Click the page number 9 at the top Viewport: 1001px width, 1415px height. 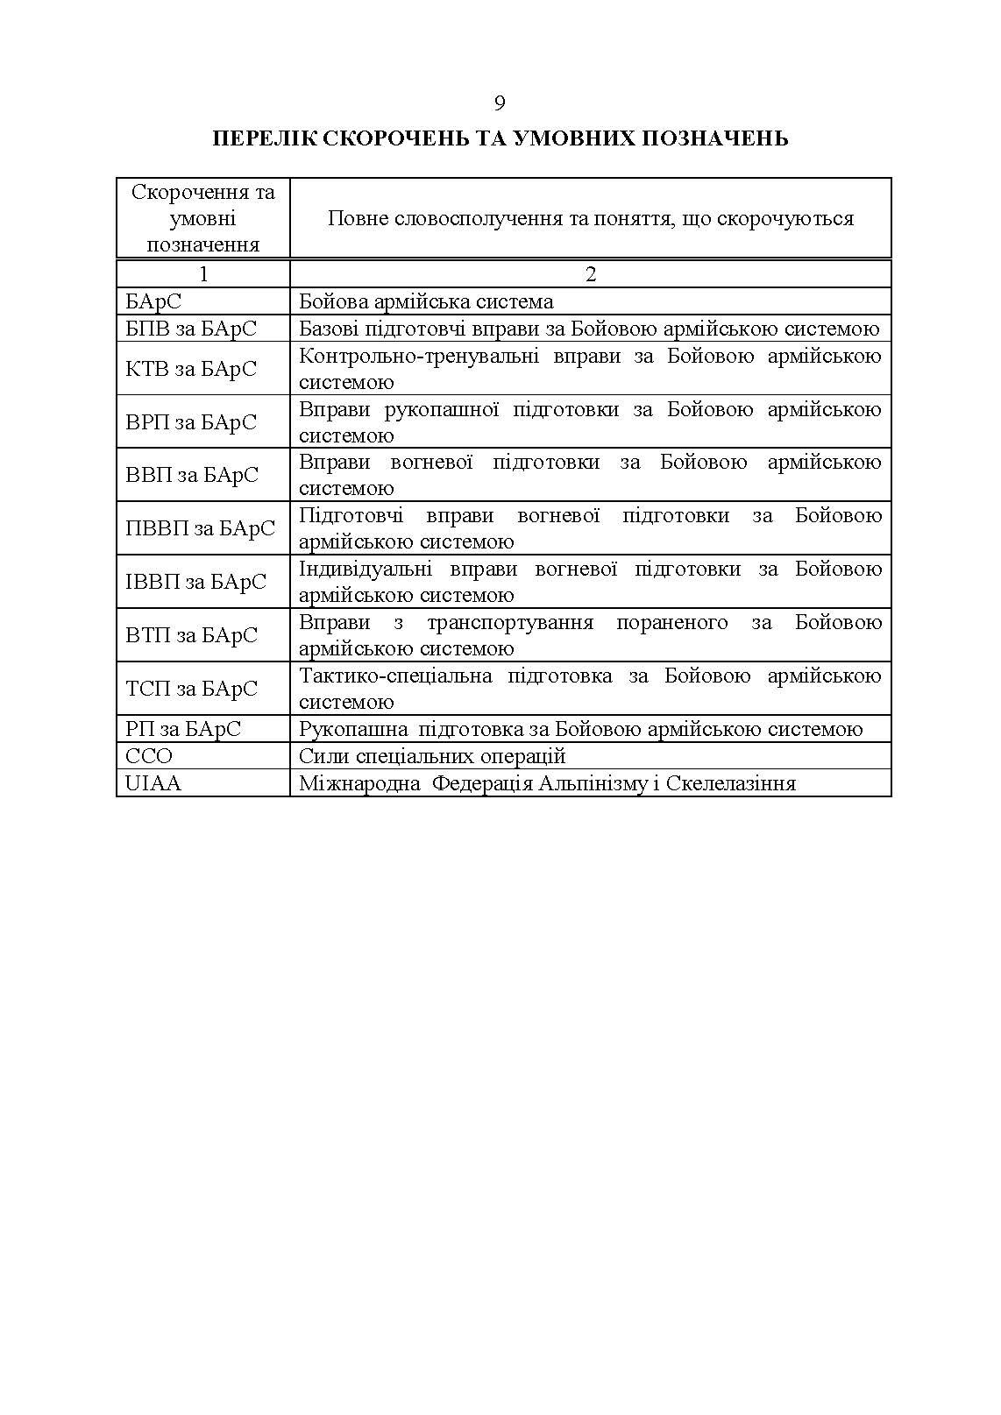pyautogui.click(x=500, y=103)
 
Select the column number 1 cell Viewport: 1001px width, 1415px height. pyautogui.click(x=203, y=274)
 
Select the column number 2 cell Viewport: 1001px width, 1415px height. pyautogui.click(x=590, y=274)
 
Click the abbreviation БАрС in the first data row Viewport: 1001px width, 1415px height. pyautogui.click(x=153, y=302)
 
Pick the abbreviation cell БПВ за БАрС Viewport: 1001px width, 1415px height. pyautogui.click(x=191, y=329)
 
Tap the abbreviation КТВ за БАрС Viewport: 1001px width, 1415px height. pyautogui.click(x=191, y=369)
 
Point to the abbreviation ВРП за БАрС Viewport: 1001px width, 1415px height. pyautogui.click(x=191, y=422)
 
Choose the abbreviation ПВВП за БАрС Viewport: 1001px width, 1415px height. pyautogui.click(x=200, y=528)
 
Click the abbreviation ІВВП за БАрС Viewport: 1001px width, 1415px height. pyautogui.click(x=195, y=582)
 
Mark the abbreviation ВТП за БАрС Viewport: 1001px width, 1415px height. pyautogui.click(x=191, y=635)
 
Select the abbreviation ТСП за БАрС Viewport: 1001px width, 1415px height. pyautogui.click(x=191, y=689)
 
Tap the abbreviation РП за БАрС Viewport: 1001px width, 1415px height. pyautogui.click(x=183, y=729)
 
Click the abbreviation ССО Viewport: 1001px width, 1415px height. pyautogui.click(x=149, y=756)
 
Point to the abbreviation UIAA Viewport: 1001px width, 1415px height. pyautogui.click(x=153, y=783)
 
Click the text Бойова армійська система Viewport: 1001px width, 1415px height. pyautogui.click(x=426, y=302)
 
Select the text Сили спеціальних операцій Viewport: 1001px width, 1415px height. pyautogui.click(x=432, y=756)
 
